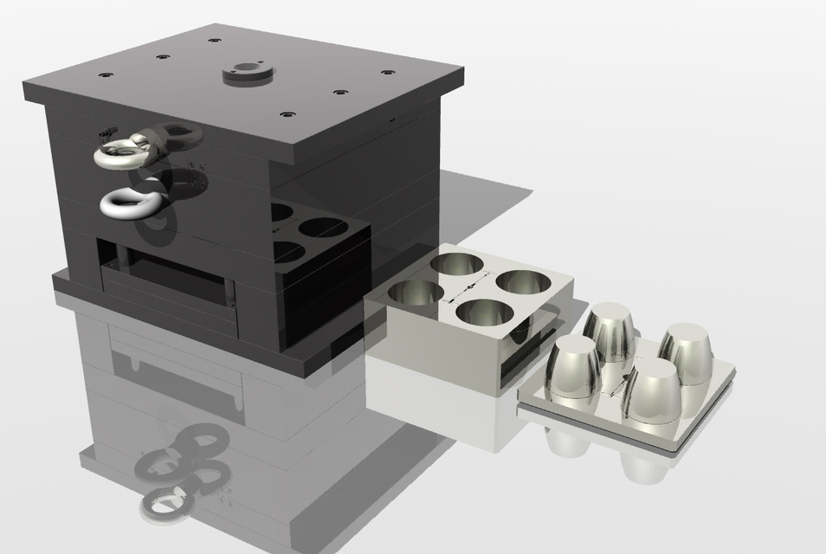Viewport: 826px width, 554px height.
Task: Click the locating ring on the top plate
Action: pyautogui.click(x=247, y=72)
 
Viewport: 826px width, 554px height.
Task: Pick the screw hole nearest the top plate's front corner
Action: pyautogui.click(x=287, y=113)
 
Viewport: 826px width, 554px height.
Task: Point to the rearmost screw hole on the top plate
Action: pyautogui.click(x=213, y=40)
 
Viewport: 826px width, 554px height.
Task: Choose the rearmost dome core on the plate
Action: pyautogui.click(x=610, y=332)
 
